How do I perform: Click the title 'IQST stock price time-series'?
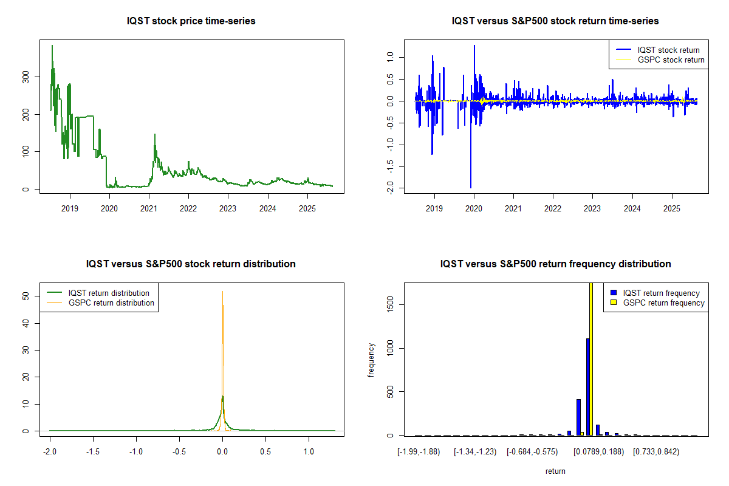[x=191, y=21]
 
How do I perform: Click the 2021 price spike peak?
[x=154, y=135]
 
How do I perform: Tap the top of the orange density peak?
[x=222, y=292]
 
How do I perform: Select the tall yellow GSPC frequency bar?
[x=591, y=358]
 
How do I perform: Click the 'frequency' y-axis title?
[x=371, y=359]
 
